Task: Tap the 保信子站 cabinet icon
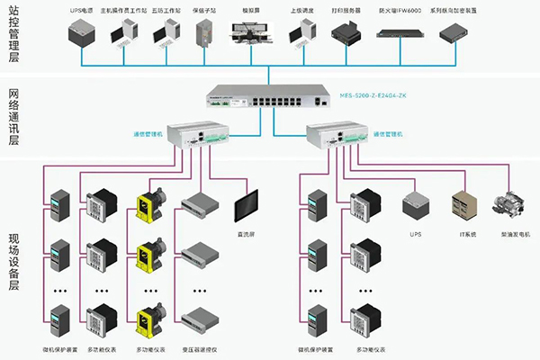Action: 204,32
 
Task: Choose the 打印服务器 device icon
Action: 346,34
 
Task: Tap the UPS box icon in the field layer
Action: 415,202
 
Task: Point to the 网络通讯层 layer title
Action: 13,117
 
